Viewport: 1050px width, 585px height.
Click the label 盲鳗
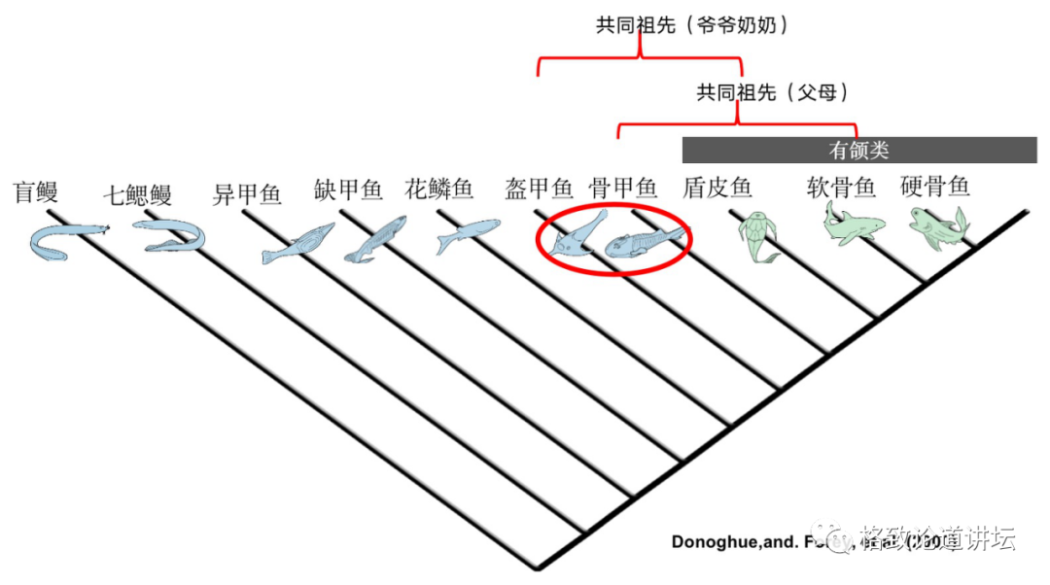36,191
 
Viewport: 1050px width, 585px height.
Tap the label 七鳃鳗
137,194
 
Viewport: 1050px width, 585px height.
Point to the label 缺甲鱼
348,189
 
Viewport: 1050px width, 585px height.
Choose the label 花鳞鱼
438,188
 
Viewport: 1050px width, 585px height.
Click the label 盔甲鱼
539,188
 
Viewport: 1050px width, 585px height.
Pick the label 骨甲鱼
623,188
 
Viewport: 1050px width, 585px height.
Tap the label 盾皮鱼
717,188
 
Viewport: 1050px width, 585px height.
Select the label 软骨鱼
841,187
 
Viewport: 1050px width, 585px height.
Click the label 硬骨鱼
935,187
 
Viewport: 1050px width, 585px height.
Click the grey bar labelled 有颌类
858,151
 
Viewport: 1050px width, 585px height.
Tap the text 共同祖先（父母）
773,93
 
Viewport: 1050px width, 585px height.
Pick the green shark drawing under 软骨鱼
852,224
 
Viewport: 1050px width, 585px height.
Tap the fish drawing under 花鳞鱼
466,234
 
